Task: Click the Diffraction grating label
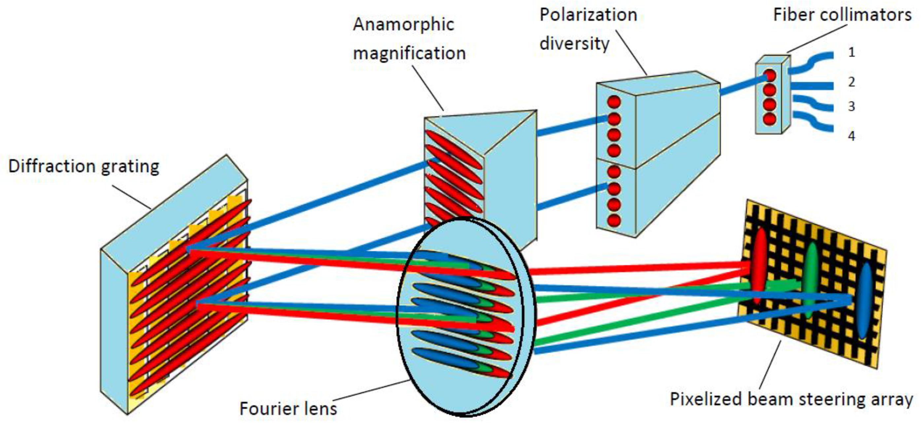point(84,167)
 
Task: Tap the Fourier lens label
point(288,408)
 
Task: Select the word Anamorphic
point(403,25)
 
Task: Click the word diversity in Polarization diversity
point(574,44)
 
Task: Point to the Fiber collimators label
point(842,15)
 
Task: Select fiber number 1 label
point(852,53)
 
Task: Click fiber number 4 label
point(852,136)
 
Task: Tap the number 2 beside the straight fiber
point(852,82)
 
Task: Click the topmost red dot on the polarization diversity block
point(614,103)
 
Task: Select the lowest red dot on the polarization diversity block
point(614,220)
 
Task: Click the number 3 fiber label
point(852,106)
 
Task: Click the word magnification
point(409,53)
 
